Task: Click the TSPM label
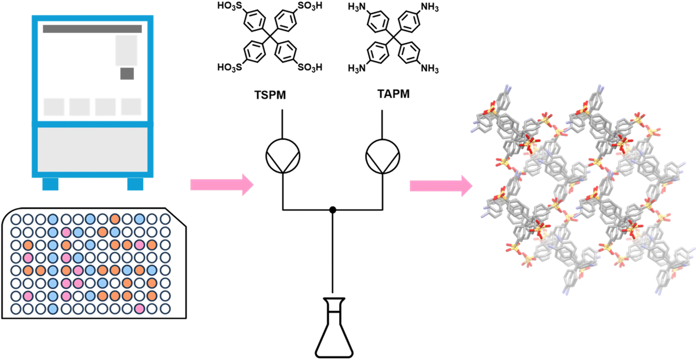point(270,95)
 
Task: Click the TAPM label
point(393,94)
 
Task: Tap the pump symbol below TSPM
point(283,156)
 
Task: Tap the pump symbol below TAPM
point(382,156)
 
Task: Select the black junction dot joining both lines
point(332,210)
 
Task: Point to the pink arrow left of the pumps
point(222,185)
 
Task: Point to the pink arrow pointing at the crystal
point(441,186)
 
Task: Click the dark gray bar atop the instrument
point(92,29)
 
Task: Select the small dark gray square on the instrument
point(127,73)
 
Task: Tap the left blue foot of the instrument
point(50,184)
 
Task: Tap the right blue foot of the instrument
point(135,184)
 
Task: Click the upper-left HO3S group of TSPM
point(230,6)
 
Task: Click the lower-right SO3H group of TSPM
point(310,67)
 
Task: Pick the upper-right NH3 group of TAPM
point(430,7)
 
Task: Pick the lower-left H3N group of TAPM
point(357,68)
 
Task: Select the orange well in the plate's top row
point(115,219)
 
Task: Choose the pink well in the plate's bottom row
point(139,309)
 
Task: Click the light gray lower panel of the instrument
point(92,150)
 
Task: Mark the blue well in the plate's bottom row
point(53,309)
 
